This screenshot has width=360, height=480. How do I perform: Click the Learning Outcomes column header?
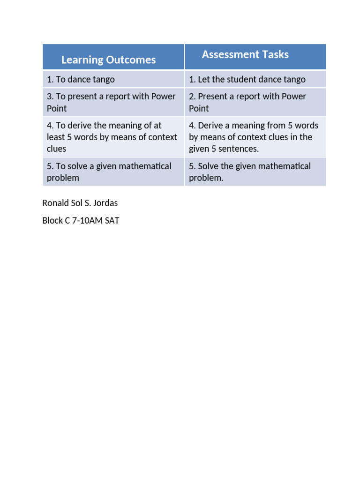click(108, 60)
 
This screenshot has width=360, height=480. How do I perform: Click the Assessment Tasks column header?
click(245, 54)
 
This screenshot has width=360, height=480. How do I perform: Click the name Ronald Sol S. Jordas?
click(80, 203)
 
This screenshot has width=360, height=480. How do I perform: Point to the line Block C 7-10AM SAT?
click(81, 220)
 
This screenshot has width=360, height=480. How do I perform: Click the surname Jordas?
click(105, 203)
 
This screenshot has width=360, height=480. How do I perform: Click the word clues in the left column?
click(56, 149)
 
